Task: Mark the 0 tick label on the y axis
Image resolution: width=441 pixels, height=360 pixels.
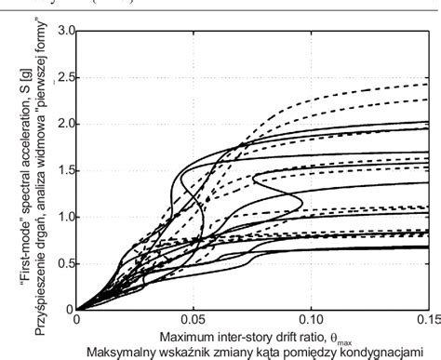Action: [69, 310]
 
